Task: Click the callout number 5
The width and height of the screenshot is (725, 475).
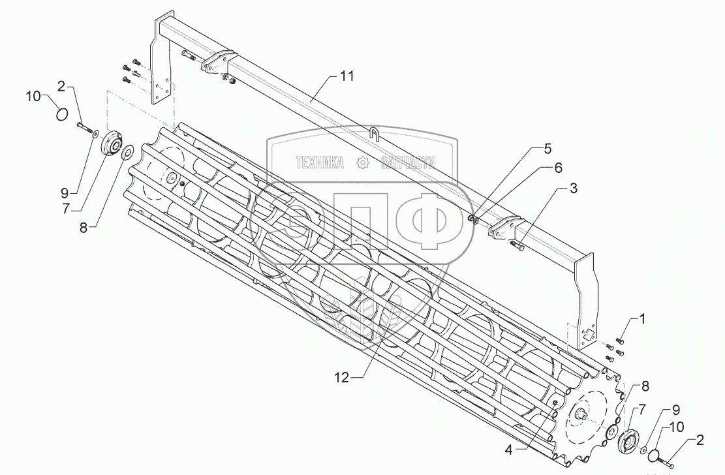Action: pyautogui.click(x=558, y=168)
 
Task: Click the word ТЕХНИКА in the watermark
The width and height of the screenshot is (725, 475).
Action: pyautogui.click(x=320, y=163)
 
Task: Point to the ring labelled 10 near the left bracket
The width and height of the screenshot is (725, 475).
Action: pyautogui.click(x=61, y=114)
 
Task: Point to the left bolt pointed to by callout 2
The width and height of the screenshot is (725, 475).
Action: pyautogui.click(x=84, y=128)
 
